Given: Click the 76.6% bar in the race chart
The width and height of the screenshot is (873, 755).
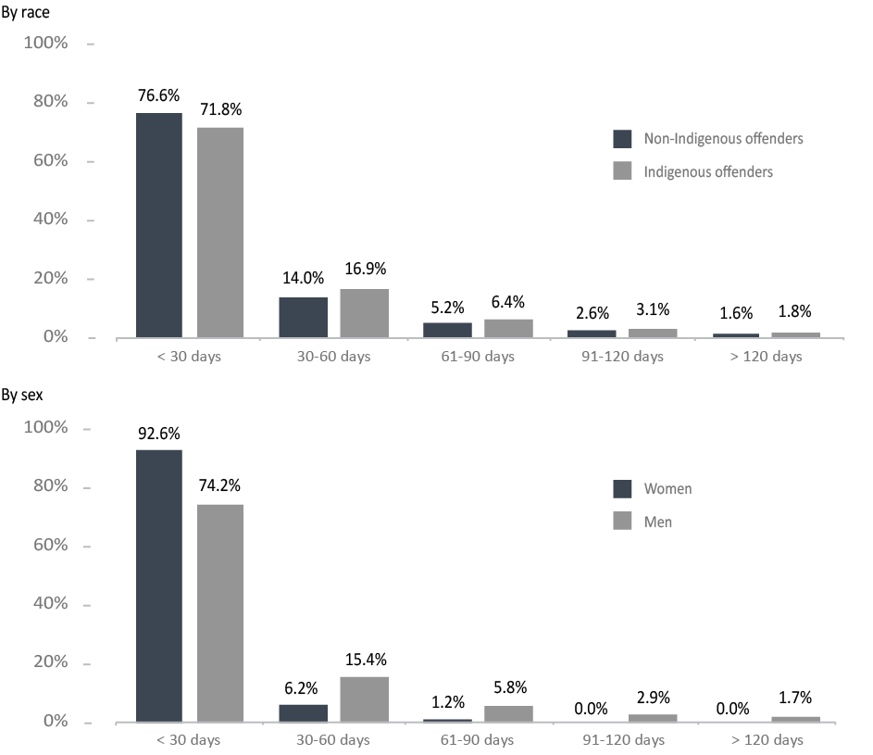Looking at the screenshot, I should tap(159, 225).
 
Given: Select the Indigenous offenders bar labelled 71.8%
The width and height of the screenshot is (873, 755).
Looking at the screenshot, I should tap(220, 233).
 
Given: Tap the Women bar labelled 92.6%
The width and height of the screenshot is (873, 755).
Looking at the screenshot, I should tap(159, 586).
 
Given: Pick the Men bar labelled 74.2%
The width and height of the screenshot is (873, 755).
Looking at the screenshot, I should tap(220, 613).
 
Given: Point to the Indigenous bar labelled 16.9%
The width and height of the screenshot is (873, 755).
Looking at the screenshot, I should tap(364, 313).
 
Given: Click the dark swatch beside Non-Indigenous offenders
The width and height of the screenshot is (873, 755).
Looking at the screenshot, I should tap(622, 139).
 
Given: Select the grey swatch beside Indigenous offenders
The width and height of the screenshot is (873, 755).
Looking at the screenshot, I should tap(622, 171).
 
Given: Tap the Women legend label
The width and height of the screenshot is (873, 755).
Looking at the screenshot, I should tap(667, 489).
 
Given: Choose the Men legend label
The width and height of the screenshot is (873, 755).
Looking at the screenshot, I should tap(658, 522).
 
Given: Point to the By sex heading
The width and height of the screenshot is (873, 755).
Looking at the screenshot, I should tap(22, 395).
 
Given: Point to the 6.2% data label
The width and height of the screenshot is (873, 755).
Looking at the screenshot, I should tap(303, 688).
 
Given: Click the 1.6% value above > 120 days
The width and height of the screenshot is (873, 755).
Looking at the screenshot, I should tap(735, 312).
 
